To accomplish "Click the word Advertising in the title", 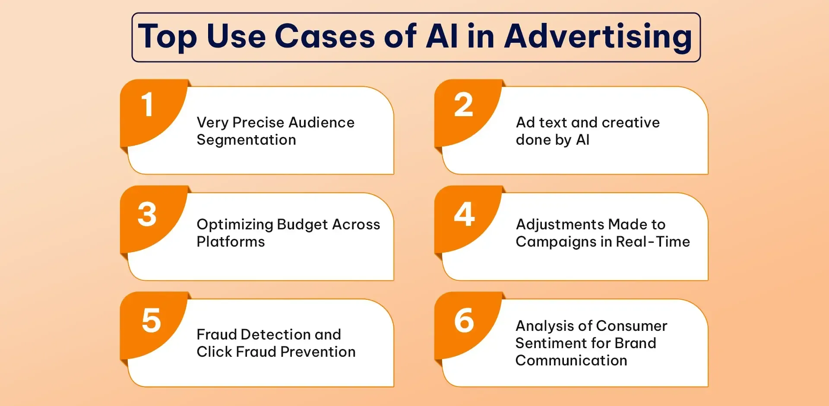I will coord(598,37).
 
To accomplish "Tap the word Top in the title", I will coord(168,37).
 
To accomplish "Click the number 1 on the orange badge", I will coord(148,105).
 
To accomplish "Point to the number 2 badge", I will coord(464,105).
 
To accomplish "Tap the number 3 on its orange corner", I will coord(147,214).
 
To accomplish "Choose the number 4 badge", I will coord(465,214).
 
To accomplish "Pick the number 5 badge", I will coord(151,320).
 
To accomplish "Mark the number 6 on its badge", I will coord(464,320).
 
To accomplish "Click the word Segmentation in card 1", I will coord(246,140).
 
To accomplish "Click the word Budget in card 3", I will coord(302,225).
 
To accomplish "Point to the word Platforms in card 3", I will coord(231,242).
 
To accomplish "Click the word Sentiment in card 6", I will coord(548,343).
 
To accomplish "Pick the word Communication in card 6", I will coord(571,361).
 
